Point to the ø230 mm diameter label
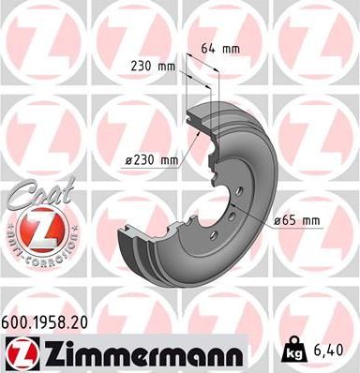coord(152,160)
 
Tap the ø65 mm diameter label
coord(296,221)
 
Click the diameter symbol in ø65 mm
coord(277,221)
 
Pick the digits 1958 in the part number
coord(50,321)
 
